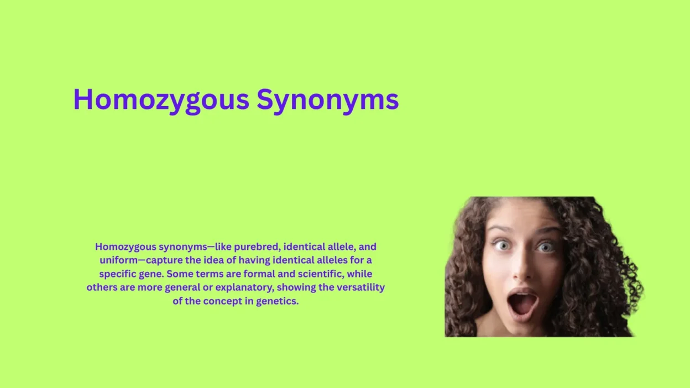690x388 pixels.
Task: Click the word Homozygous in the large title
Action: point(161,100)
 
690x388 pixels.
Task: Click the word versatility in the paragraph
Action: point(361,287)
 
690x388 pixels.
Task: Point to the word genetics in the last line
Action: point(277,301)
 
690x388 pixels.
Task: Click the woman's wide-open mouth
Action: point(522,303)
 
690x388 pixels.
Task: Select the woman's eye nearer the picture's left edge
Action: point(501,245)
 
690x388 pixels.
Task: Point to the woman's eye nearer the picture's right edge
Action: point(546,247)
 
